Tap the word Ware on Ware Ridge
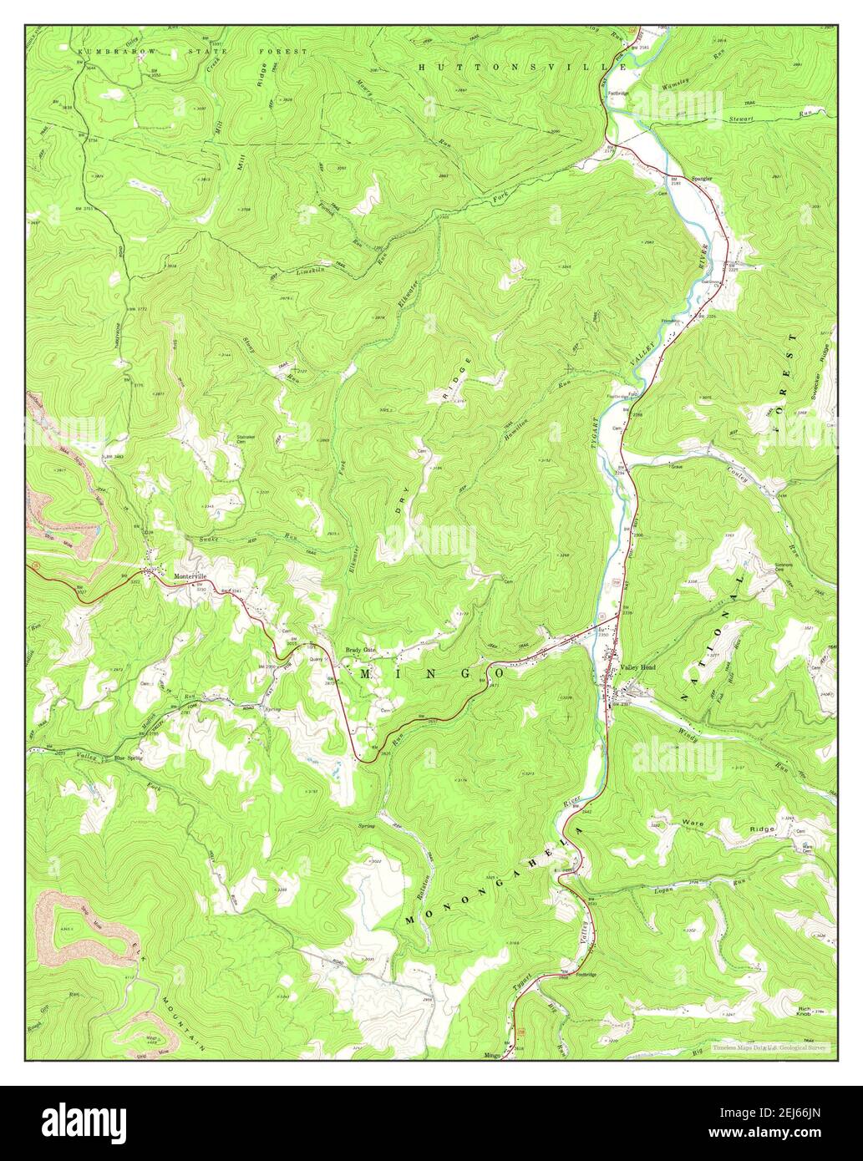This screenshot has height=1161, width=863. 690,823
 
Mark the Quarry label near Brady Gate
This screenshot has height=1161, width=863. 316,659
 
